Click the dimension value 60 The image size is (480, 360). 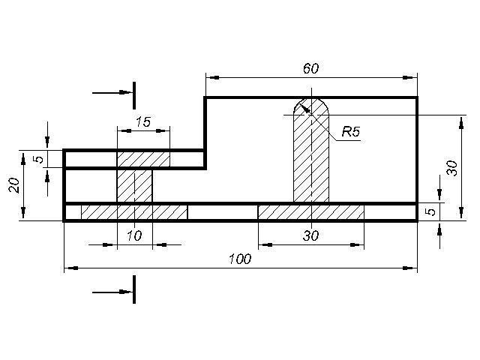[310, 68]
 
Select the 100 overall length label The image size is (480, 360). [240, 259]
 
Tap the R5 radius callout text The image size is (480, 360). [351, 132]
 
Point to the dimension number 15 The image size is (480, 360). [143, 121]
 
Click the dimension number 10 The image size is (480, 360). [134, 235]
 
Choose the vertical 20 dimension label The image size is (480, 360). [14, 185]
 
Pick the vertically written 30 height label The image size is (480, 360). [451, 168]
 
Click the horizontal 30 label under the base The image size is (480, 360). [310, 235]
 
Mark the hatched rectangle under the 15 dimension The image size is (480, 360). [143, 159]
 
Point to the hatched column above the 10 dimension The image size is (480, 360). [134, 186]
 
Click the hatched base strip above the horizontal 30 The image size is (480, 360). [311, 212]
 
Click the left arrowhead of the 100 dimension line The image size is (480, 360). [72, 268]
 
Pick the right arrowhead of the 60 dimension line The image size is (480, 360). [409, 78]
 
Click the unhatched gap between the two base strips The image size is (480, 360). [223, 212]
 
